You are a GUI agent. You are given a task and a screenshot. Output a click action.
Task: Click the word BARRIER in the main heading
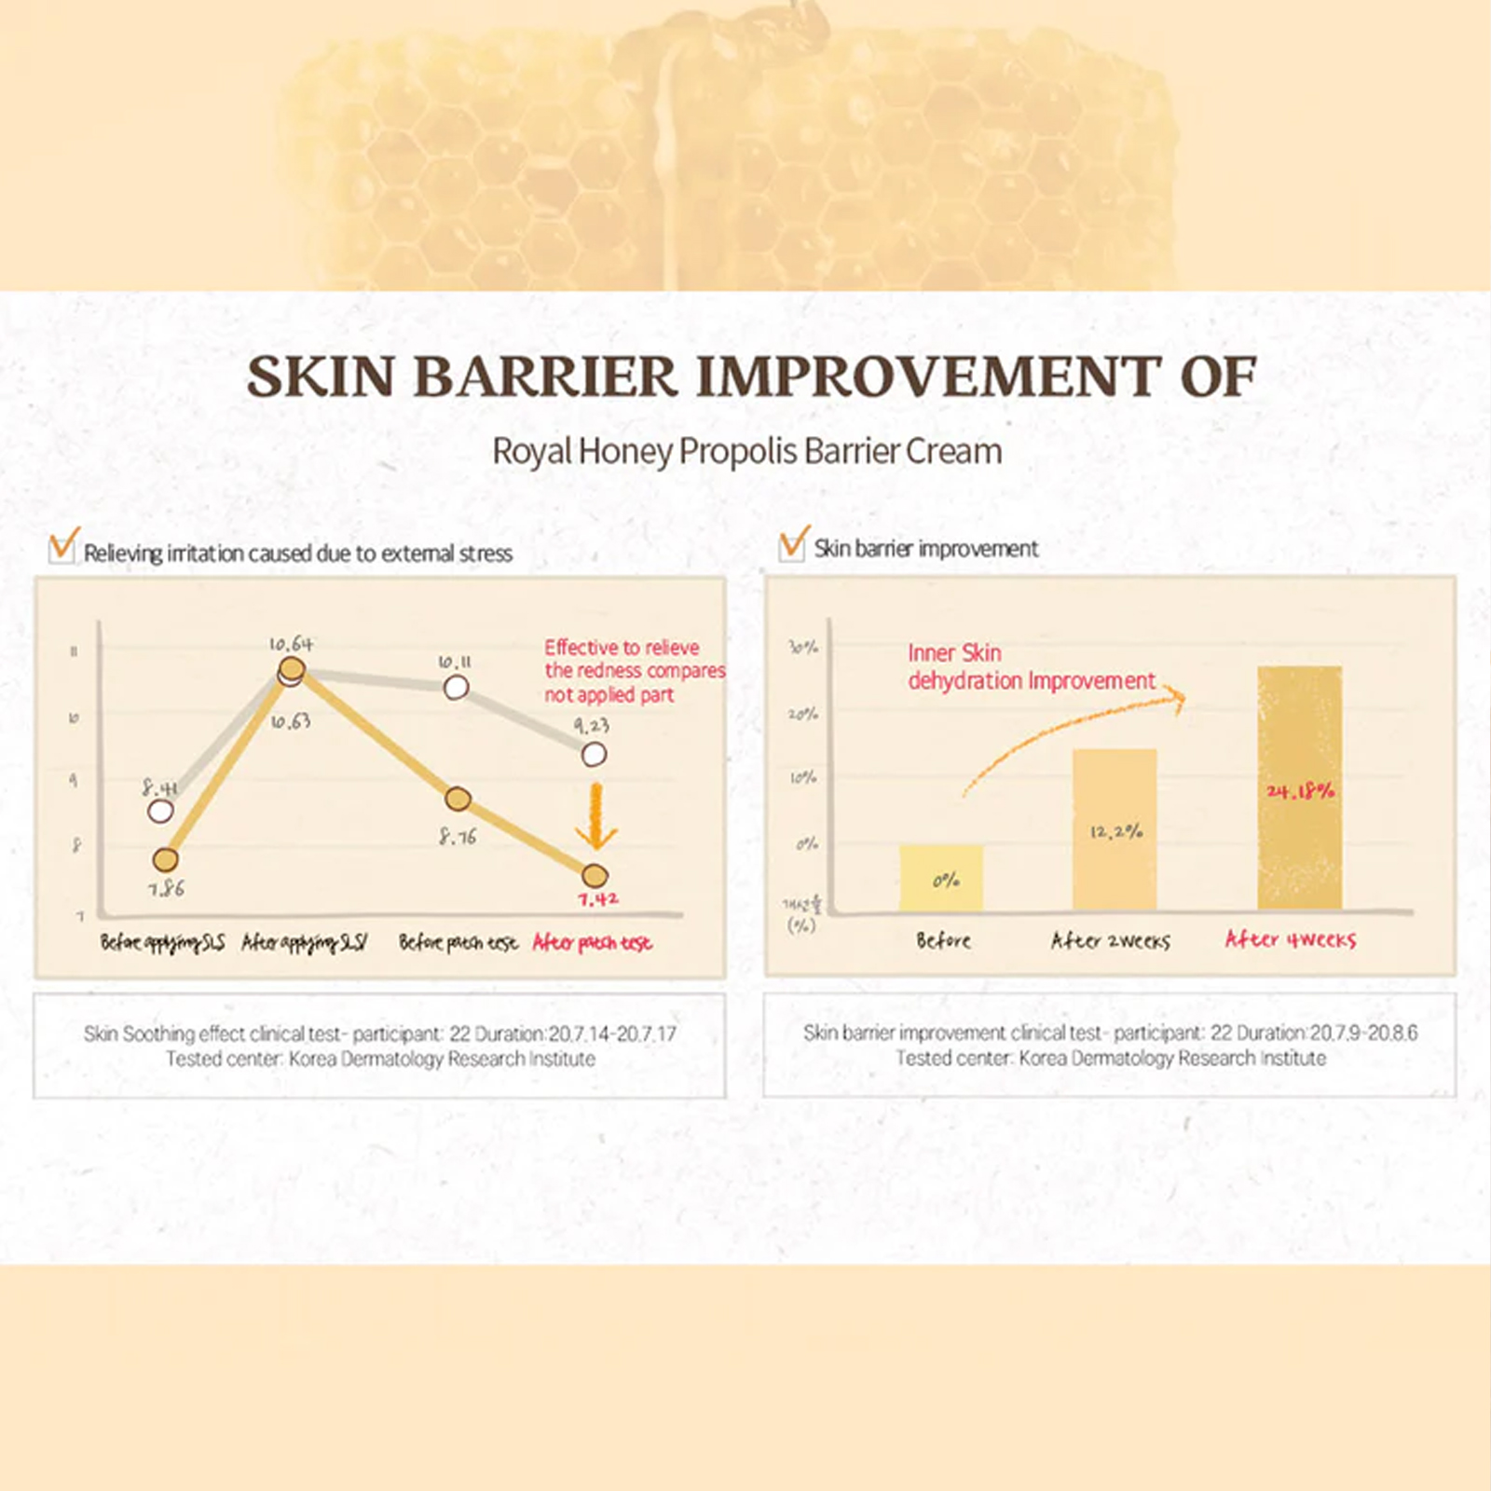544,376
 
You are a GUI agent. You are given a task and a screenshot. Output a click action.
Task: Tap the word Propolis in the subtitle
738,451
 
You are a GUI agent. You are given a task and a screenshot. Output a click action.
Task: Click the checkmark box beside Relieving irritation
62,546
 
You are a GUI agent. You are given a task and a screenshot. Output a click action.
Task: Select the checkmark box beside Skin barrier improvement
792,544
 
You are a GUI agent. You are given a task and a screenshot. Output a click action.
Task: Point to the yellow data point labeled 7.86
166,859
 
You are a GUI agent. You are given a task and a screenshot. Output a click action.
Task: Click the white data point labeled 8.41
160,811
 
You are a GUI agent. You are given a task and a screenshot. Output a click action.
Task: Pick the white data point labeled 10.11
456,688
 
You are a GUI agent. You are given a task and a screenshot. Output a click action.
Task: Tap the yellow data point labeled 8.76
458,799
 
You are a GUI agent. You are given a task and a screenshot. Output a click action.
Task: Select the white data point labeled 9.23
594,754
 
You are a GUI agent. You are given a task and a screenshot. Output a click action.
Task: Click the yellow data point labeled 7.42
595,875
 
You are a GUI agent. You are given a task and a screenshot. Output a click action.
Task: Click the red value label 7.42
597,899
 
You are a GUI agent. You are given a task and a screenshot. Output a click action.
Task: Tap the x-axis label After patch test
592,943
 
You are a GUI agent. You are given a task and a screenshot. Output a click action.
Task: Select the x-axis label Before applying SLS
162,943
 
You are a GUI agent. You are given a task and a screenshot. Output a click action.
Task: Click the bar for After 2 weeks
1115,829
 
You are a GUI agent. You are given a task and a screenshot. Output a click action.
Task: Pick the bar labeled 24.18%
1299,787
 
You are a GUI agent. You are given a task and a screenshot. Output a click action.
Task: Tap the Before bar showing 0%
941,877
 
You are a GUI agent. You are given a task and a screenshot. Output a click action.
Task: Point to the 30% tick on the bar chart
803,647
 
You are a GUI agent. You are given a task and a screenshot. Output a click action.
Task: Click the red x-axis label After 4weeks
1291,939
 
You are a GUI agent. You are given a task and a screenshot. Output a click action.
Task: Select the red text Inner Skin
954,653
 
